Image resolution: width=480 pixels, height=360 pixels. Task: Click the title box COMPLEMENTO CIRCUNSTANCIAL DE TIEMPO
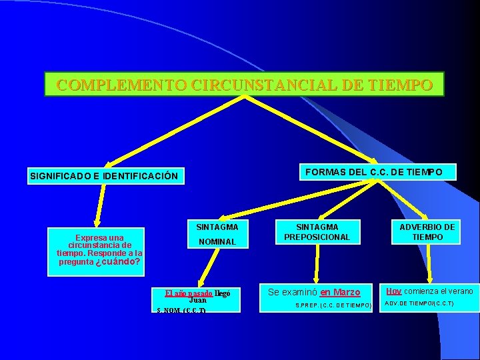(244, 85)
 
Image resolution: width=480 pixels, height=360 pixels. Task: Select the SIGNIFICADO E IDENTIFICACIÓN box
(104, 176)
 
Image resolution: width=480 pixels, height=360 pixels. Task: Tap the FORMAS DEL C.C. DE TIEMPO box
(373, 172)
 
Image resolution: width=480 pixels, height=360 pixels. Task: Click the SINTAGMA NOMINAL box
(217, 234)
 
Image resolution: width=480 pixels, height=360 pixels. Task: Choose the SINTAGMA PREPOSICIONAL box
(317, 232)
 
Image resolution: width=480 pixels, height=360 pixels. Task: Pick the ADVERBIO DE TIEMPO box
(427, 232)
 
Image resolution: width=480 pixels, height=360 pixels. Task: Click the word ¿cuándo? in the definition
(118, 262)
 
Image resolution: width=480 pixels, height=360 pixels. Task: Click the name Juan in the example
(198, 300)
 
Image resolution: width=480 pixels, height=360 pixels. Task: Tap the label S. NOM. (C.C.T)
(181, 311)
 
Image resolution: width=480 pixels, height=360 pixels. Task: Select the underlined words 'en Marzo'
(340, 292)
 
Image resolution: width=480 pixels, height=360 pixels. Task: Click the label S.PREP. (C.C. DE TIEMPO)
(333, 305)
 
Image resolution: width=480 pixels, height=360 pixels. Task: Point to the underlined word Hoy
(393, 291)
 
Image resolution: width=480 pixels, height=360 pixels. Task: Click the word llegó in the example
(223, 293)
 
